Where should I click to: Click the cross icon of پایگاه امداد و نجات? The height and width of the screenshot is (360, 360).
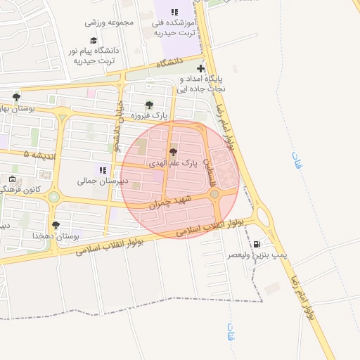pyautogui.click(x=202, y=69)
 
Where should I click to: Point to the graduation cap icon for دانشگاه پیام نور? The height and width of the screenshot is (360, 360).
pyautogui.click(x=94, y=41)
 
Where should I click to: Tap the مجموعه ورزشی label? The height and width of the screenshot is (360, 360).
pyautogui.click(x=107, y=22)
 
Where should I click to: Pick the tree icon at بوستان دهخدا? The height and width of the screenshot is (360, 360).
pyautogui.click(x=56, y=225)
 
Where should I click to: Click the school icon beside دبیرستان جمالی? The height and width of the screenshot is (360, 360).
pyautogui.click(x=103, y=169)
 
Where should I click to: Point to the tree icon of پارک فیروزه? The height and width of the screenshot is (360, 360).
pyautogui.click(x=149, y=105)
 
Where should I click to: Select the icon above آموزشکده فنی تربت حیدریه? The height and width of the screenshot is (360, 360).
pyautogui.click(x=174, y=12)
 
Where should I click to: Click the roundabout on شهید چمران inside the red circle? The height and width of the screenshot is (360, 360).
pyautogui.click(x=214, y=193)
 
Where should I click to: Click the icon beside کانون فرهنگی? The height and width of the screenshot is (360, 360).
pyautogui.click(x=12, y=179)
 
